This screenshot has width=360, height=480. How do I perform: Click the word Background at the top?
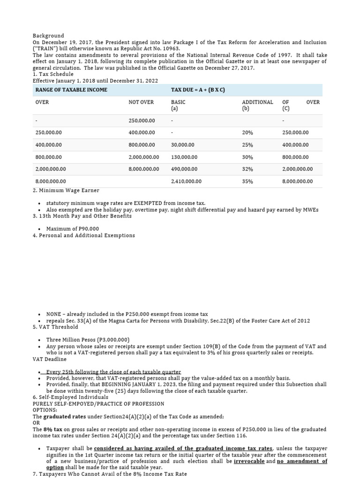coord(48,36)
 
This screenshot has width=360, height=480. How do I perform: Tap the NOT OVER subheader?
coord(141,102)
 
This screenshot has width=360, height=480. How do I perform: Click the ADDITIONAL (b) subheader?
coord(257,105)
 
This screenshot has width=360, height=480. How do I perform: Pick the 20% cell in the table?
coord(247,133)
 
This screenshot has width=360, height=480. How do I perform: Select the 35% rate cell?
coord(247,181)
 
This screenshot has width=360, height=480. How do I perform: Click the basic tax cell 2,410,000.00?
coord(186,181)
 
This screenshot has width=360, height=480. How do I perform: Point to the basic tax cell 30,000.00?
coord(182,145)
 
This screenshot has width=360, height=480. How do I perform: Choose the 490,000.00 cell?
coord(184,169)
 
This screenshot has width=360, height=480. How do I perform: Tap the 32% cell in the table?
coord(247,169)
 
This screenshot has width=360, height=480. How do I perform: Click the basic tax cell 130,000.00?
coord(184,157)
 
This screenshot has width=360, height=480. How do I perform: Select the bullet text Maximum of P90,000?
coord(72,229)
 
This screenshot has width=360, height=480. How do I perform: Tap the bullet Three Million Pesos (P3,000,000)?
coord(88,340)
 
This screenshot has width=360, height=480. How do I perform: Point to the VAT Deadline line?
coord(50,359)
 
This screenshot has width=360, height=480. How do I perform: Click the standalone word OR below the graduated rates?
coord(36,423)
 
